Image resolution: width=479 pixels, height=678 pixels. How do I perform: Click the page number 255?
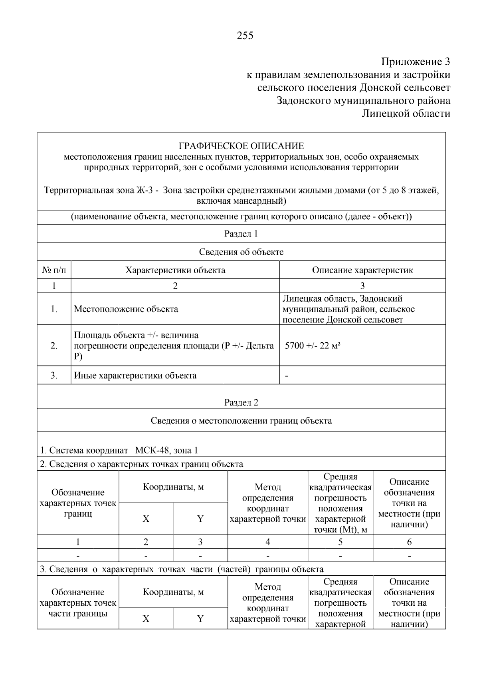pyautogui.click(x=245, y=36)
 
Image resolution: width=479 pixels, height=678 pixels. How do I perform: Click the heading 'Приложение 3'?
pyautogui.click(x=416, y=62)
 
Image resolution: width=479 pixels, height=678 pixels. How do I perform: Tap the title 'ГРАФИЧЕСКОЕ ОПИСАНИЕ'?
pyautogui.click(x=241, y=146)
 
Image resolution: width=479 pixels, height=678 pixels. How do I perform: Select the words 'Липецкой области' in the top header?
pyautogui.click(x=406, y=113)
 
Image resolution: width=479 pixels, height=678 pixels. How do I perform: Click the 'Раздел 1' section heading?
pyautogui.click(x=241, y=234)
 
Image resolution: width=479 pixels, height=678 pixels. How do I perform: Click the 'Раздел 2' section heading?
pyautogui.click(x=241, y=402)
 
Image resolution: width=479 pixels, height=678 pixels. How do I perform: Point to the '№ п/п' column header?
pyautogui.click(x=54, y=270)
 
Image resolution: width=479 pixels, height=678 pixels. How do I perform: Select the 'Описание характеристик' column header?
pyautogui.click(x=362, y=270)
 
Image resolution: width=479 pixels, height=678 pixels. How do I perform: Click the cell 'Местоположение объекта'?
pyautogui.click(x=126, y=309)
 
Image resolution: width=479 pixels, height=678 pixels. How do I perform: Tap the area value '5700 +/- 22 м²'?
pyautogui.click(x=312, y=346)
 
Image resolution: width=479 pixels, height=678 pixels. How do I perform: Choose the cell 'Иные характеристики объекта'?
pyautogui.click(x=135, y=376)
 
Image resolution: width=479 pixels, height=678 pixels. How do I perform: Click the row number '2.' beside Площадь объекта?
pyautogui.click(x=54, y=346)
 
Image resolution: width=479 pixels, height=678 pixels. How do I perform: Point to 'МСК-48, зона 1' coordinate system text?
pyautogui.click(x=166, y=450)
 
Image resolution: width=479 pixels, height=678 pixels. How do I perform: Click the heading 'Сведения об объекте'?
pyautogui.click(x=241, y=252)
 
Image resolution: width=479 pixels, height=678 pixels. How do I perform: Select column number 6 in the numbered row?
pyautogui.click(x=409, y=542)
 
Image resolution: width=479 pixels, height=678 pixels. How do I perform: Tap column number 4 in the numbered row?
pyautogui.click(x=267, y=542)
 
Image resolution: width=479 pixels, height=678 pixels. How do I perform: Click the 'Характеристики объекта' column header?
pyautogui.click(x=175, y=270)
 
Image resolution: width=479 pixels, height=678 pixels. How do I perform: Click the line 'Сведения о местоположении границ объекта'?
pyautogui.click(x=241, y=421)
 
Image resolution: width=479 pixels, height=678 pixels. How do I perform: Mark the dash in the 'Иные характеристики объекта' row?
pyautogui.click(x=287, y=376)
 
